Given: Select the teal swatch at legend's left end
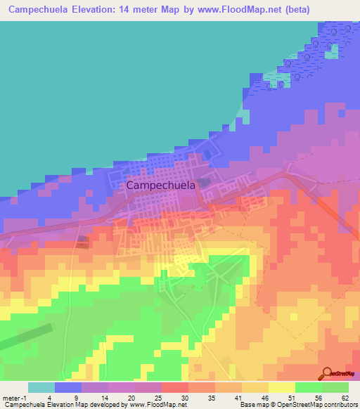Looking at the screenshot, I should tap(41, 387).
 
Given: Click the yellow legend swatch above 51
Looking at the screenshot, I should tap(281, 387).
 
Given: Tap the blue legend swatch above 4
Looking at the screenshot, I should tap(67, 387).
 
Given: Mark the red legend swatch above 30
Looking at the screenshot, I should tap(174, 387).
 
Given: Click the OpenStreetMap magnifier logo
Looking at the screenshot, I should tap(328, 373).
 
